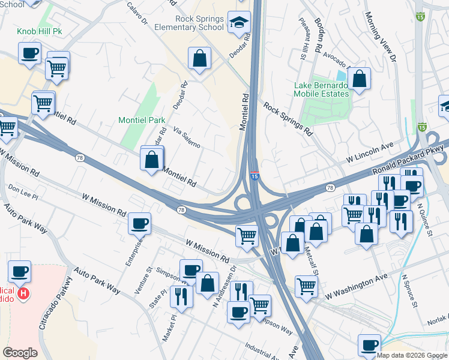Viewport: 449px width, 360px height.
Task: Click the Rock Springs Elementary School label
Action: (x=199, y=23)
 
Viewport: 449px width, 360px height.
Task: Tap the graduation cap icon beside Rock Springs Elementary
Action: (x=240, y=23)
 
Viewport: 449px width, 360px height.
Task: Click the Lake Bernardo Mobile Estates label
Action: (x=321, y=89)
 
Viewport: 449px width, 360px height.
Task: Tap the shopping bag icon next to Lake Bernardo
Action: (x=359, y=79)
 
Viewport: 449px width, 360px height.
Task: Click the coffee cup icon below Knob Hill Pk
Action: (x=30, y=53)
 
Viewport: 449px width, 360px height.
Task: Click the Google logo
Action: (x=20, y=353)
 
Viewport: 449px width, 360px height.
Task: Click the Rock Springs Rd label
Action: (x=288, y=118)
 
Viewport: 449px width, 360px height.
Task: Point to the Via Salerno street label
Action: (x=186, y=137)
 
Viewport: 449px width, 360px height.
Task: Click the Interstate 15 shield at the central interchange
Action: (x=255, y=176)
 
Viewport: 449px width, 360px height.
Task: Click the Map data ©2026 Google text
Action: (x=412, y=355)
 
